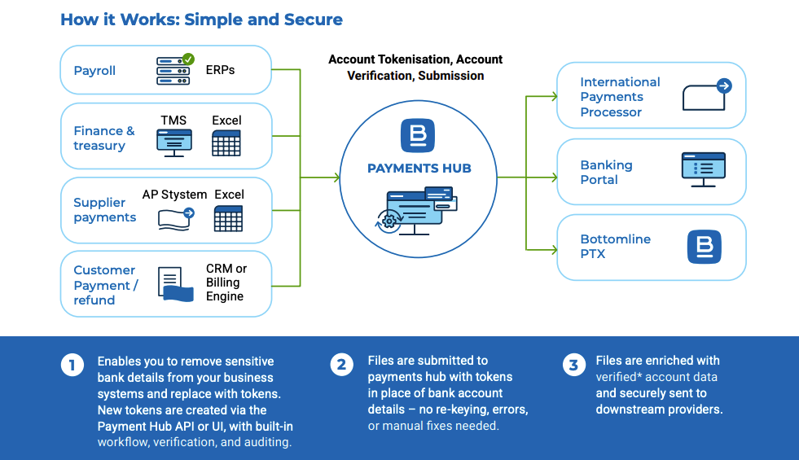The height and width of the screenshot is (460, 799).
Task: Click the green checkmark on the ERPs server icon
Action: (x=189, y=59)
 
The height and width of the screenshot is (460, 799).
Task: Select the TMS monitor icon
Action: (x=173, y=142)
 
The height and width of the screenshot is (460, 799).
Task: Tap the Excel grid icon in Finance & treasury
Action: (x=226, y=142)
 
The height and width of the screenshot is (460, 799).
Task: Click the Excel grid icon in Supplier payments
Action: (x=228, y=217)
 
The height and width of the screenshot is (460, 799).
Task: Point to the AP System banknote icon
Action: (x=176, y=217)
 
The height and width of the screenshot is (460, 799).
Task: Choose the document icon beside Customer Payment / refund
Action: (x=173, y=285)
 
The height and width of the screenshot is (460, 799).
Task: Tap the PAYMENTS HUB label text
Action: (x=419, y=169)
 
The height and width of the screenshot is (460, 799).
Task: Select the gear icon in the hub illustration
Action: (x=390, y=221)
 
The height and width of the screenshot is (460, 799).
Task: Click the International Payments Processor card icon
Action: (x=706, y=95)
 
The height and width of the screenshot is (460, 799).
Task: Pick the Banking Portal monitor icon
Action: (x=703, y=169)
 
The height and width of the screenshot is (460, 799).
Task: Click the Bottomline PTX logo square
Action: (x=704, y=247)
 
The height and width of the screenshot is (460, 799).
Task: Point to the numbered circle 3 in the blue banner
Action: (x=573, y=365)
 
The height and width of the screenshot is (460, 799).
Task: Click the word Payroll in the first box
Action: (x=94, y=71)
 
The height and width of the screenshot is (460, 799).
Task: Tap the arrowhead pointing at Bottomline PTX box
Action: (x=554, y=248)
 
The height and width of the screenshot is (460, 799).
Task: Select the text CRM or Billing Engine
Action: (x=226, y=283)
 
